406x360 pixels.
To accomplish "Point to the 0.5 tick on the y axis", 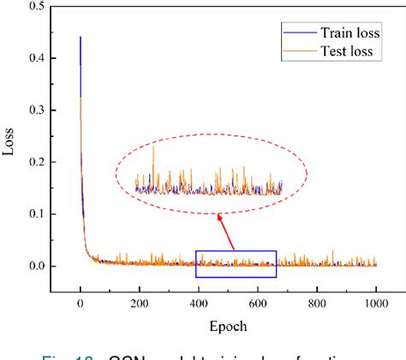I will pos(35,7).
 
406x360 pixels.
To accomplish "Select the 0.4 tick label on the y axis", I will pos(35,58).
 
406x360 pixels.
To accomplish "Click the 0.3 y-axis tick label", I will pos(35,111).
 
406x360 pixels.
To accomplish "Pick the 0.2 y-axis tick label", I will pos(35,162).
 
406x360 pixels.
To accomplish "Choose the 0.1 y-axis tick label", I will pos(35,214).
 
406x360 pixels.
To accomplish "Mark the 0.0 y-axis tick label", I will pos(35,266).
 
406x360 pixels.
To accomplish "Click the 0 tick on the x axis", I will pos(80,303).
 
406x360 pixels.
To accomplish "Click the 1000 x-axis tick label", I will pos(375,303).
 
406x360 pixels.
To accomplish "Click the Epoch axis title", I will pos(227,326).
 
